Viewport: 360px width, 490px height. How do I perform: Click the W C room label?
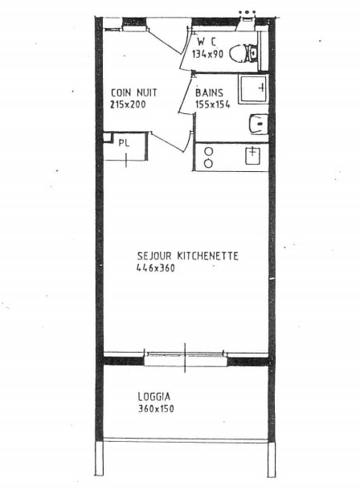coord(207,43)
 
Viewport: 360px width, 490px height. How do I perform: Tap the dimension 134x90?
coord(207,55)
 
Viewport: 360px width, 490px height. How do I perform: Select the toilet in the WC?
coord(243,54)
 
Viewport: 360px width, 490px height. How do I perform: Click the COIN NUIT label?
coord(134,92)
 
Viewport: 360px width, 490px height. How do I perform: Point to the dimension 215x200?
coord(128,104)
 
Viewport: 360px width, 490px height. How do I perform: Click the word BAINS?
coord(209,92)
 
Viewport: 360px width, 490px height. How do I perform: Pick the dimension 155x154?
coord(212,104)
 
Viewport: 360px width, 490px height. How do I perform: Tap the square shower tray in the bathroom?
coord(253,89)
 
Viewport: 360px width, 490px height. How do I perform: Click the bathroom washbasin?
coord(259,124)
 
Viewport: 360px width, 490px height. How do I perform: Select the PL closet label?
coord(124,144)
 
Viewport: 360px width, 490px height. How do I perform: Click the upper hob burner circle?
coord(208,152)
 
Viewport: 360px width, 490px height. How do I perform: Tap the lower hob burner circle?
coord(208,163)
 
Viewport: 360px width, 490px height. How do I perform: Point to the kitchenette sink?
coord(253,156)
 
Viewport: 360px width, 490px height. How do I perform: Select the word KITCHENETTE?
coord(208,256)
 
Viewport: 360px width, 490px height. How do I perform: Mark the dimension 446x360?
coord(156,267)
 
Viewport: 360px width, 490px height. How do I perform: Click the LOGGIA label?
coord(154,397)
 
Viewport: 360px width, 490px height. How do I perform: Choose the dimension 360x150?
coord(156,408)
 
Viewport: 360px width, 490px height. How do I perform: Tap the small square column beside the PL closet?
coord(107,137)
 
